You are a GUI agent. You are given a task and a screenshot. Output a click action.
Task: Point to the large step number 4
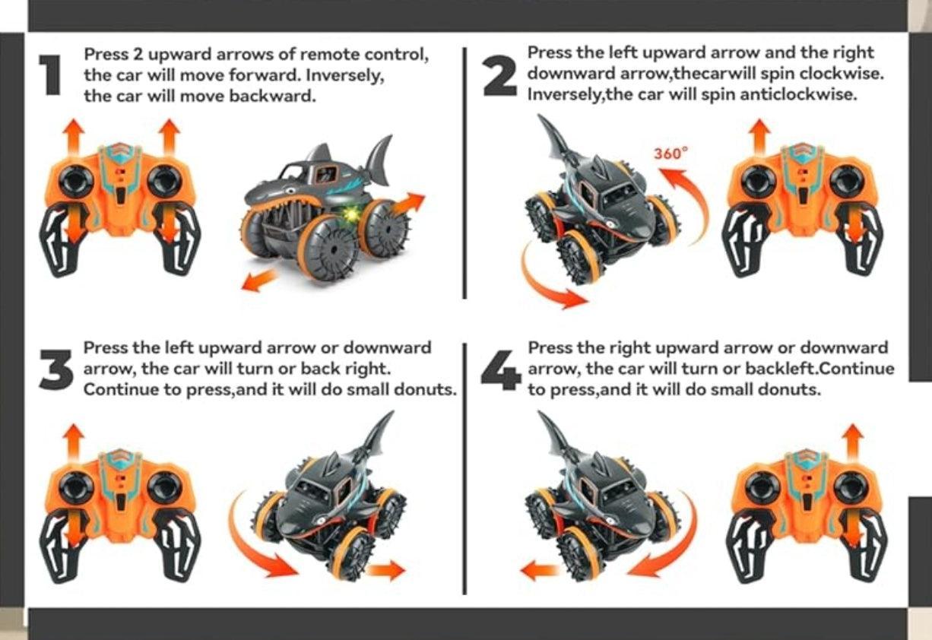click(x=501, y=369)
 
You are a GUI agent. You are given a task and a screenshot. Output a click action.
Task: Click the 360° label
click(x=670, y=153)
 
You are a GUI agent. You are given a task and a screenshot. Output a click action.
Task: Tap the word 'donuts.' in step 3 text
click(x=430, y=390)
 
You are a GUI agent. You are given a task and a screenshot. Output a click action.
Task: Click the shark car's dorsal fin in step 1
click(x=378, y=158)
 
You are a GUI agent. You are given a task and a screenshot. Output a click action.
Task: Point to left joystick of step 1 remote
click(x=77, y=181)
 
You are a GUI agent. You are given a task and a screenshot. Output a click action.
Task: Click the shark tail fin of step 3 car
click(x=381, y=435)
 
